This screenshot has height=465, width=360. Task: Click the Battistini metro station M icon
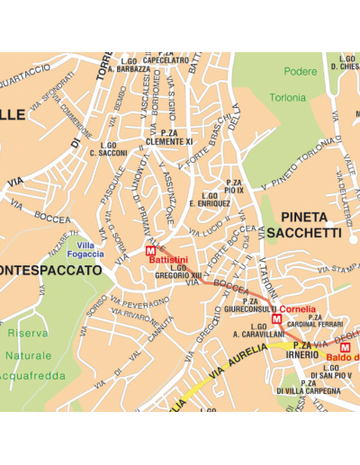150,251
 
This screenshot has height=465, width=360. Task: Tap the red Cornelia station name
297,309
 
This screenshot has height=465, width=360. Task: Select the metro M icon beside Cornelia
276,319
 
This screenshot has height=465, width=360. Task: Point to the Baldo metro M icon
345,347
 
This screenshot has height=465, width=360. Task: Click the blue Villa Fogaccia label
90,250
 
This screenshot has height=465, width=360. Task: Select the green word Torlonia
287,97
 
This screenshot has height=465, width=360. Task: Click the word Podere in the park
301,72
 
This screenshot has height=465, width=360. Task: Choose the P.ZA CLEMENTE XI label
171,137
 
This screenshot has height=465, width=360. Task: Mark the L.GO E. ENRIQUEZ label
211,200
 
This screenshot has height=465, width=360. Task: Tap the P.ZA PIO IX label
234,186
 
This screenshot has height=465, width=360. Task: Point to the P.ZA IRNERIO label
301,350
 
